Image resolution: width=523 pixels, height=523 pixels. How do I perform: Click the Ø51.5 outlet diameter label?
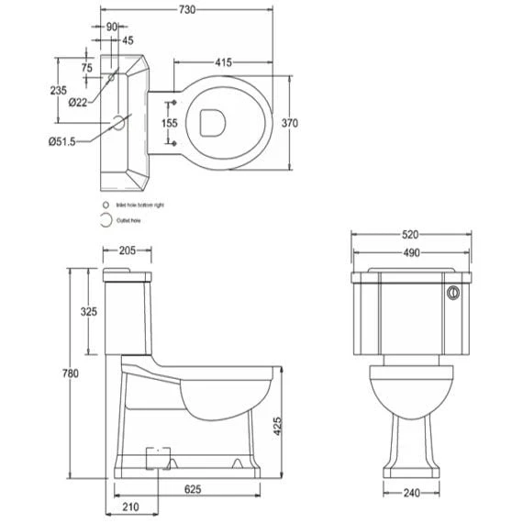63,140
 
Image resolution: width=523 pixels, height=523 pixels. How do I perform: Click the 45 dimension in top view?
128,39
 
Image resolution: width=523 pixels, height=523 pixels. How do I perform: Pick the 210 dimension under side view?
129,506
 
